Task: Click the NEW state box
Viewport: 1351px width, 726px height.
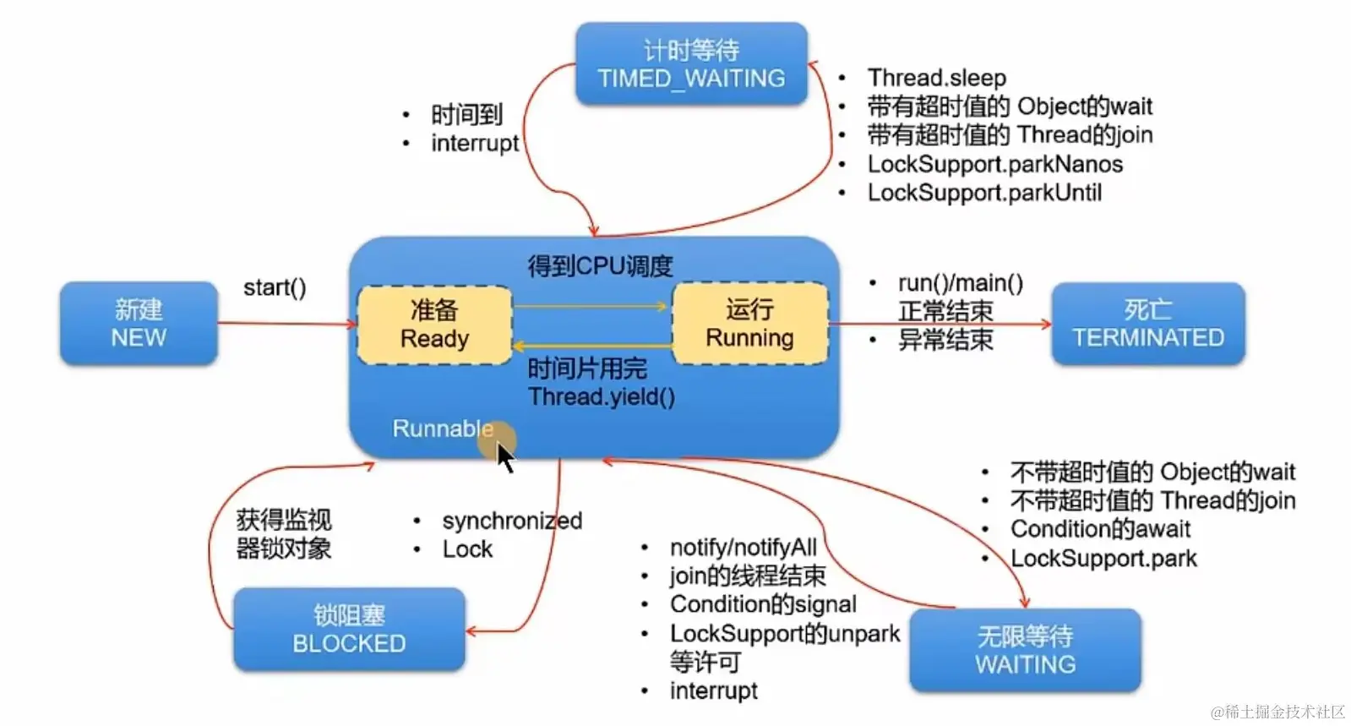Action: pos(139,324)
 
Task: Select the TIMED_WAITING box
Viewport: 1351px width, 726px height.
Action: pos(691,64)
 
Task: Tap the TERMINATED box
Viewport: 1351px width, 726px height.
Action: pos(1147,324)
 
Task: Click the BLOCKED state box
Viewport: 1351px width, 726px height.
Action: pos(349,630)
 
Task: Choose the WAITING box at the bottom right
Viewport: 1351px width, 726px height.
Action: pos(1025,650)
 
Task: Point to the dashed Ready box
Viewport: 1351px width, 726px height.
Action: pos(434,325)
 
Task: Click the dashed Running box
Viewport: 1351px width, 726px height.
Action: pos(749,324)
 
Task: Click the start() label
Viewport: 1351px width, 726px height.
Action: pos(275,288)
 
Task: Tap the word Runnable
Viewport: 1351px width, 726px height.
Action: pos(442,429)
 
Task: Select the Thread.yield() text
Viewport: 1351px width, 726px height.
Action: pos(601,397)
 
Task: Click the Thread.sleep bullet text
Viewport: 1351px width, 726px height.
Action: pos(936,78)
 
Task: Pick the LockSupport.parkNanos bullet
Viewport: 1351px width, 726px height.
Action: pos(994,164)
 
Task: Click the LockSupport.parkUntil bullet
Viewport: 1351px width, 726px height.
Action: pos(984,193)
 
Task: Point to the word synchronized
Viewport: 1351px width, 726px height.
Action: pos(512,521)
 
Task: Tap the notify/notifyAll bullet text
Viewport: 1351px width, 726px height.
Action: pos(743,548)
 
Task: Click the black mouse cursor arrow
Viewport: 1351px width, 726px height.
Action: pos(504,457)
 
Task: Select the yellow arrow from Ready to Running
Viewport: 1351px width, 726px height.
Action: pos(591,306)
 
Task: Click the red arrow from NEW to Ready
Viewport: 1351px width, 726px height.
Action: pos(287,323)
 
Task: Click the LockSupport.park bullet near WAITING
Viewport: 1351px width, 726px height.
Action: pos(1103,559)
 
